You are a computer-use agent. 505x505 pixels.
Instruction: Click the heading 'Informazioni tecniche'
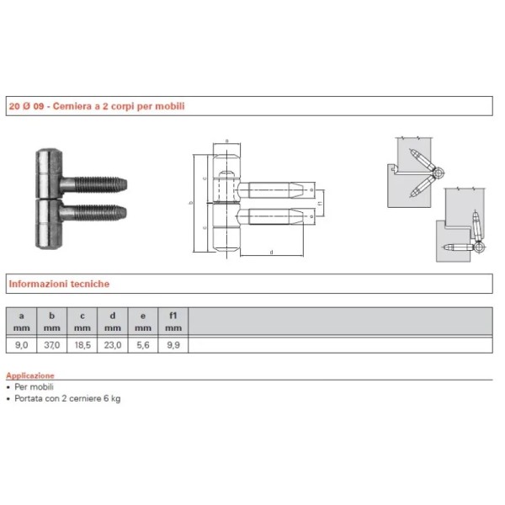pyautogui.click(x=59, y=284)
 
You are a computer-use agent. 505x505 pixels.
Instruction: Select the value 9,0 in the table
pyautogui.click(x=22, y=344)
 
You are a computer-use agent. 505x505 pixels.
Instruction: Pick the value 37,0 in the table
pyautogui.click(x=52, y=344)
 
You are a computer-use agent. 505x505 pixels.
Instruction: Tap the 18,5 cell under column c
pyautogui.click(x=82, y=344)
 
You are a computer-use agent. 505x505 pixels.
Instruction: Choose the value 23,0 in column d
pyautogui.click(x=112, y=344)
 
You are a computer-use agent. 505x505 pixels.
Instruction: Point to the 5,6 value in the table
pyautogui.click(x=142, y=344)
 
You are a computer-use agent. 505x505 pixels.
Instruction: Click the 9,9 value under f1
pyautogui.click(x=173, y=344)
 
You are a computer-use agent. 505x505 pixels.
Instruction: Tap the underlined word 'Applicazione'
pyautogui.click(x=30, y=375)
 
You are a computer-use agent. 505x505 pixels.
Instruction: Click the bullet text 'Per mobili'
pyautogui.click(x=35, y=386)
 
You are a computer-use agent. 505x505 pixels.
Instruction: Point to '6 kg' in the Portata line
pyautogui.click(x=112, y=398)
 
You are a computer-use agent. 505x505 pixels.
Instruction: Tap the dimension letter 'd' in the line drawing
pyautogui.click(x=271, y=252)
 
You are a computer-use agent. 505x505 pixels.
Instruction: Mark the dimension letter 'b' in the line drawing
pyautogui.click(x=192, y=203)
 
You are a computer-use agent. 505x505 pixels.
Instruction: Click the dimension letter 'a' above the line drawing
pyautogui.click(x=227, y=141)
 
